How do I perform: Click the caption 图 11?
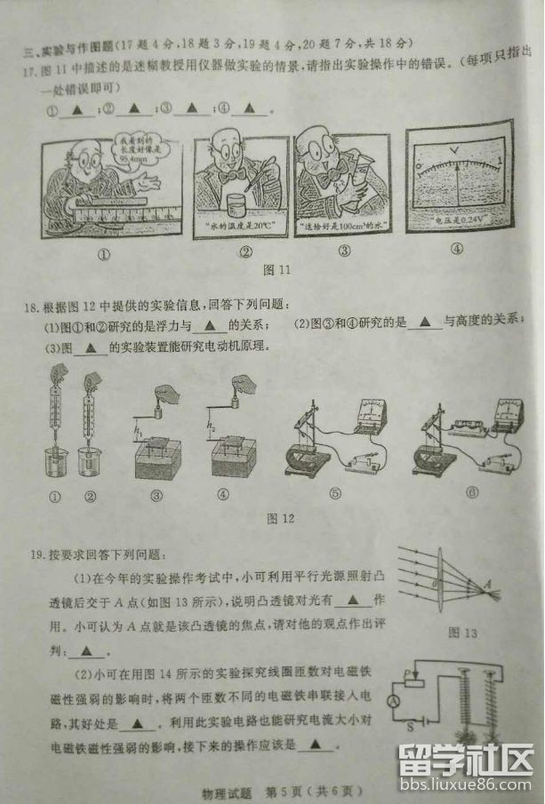click(x=277, y=269)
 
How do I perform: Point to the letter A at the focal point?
click(x=488, y=582)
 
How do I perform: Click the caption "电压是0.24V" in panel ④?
click(x=458, y=219)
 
